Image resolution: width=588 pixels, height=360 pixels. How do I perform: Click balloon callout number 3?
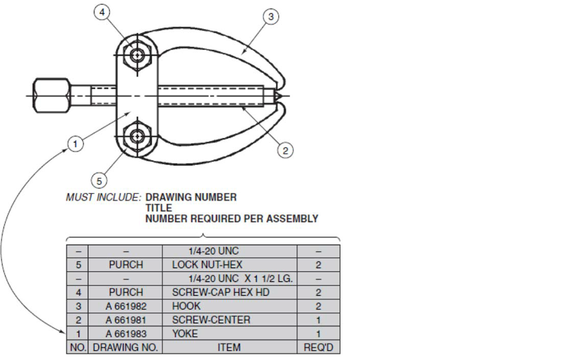tap(272, 17)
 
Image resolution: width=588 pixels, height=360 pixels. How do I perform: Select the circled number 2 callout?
tap(285, 150)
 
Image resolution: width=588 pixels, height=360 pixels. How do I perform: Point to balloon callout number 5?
tap(99, 181)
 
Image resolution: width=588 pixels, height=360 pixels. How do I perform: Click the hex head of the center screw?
tap(52, 95)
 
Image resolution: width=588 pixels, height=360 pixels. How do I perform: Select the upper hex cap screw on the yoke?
tap(137, 55)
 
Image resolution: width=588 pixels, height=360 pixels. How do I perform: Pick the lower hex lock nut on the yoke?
tap(137, 136)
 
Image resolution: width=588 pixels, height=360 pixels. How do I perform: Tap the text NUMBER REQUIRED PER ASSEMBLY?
tap(231, 219)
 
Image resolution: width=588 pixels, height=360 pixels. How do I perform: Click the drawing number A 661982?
tap(125, 306)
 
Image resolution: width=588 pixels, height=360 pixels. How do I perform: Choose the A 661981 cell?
tap(125, 320)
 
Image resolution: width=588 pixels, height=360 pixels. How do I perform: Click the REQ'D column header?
tap(318, 347)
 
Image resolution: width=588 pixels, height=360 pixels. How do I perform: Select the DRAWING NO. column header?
tap(125, 347)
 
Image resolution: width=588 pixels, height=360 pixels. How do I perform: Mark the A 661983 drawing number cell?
tap(125, 334)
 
